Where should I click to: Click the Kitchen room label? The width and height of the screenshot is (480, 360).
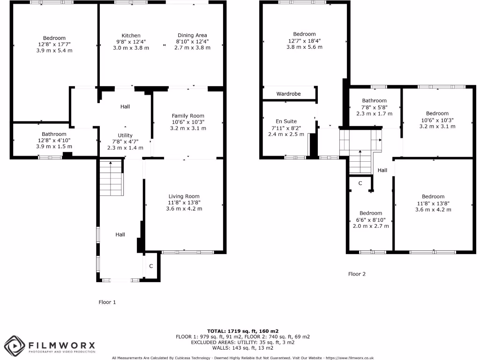tap(131, 36)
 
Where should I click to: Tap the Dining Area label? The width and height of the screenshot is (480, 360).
tap(192, 35)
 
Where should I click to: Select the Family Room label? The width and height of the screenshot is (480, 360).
tap(188, 116)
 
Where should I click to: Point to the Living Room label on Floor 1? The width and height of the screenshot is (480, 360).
tap(184, 196)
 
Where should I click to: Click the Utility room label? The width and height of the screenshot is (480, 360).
tap(125, 135)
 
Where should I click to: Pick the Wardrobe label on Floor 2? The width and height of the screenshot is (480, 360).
tap(288, 94)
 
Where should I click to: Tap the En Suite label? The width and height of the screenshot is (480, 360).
tap(289, 121)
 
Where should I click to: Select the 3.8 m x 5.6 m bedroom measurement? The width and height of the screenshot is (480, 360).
tap(304, 47)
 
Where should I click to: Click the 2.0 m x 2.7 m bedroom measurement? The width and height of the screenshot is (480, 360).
tap(371, 226)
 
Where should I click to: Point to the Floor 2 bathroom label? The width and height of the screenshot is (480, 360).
tap(374, 101)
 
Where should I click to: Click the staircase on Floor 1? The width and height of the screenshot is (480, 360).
tap(111, 178)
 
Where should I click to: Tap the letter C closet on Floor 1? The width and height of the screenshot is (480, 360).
tap(151, 266)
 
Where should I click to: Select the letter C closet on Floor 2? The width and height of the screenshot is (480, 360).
tap(360, 183)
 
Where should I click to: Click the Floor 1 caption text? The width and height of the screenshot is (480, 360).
tap(107, 302)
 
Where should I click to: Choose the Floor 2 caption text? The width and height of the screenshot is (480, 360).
tap(357, 274)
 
